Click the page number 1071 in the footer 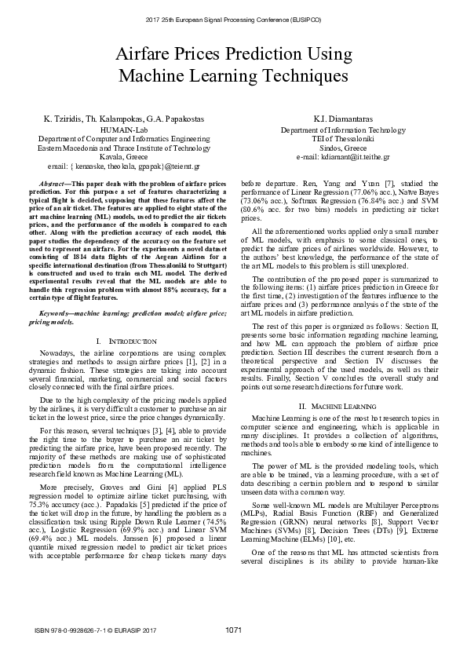point(233,629)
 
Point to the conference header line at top point(233,17)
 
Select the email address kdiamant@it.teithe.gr point(342,158)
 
